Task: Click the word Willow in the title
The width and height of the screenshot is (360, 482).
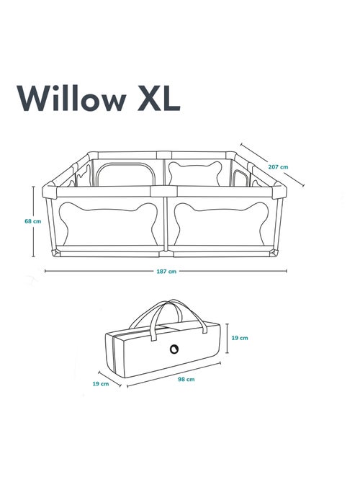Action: coord(71,98)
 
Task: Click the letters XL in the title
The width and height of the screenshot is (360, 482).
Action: coord(158,98)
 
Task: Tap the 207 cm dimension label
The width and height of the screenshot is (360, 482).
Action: coord(279,167)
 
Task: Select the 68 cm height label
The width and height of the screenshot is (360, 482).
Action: coord(33,221)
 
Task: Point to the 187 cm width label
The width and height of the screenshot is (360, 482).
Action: coord(166,272)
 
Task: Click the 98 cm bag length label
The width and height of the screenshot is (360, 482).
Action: coord(186,379)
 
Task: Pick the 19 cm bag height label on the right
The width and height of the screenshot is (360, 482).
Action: coord(240,338)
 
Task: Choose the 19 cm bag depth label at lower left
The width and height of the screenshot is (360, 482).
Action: coord(101,384)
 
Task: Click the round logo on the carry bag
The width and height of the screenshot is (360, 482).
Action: coord(174,349)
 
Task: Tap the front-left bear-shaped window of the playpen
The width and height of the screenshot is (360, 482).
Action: coord(108,223)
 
